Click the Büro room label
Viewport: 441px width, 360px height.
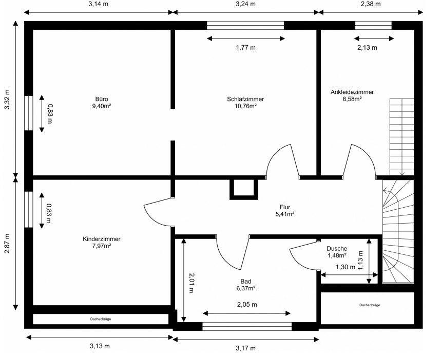(x=102, y=99)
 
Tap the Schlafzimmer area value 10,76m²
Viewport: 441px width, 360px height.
(x=245, y=106)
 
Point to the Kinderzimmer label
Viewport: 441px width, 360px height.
(x=102, y=239)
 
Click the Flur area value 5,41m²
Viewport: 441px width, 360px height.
(x=285, y=214)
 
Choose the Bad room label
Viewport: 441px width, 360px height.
(x=246, y=282)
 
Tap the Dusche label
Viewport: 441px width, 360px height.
(x=337, y=249)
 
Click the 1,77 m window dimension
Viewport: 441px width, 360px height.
(x=246, y=48)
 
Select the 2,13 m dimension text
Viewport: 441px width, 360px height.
(x=367, y=48)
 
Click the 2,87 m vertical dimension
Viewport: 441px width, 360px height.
(x=7, y=244)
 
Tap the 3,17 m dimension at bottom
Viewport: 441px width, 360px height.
(x=246, y=349)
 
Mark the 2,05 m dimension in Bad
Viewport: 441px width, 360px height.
(x=247, y=305)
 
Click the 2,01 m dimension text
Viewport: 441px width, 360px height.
(x=191, y=283)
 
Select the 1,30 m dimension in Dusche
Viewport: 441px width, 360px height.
(x=346, y=267)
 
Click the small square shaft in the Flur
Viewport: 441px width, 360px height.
(x=244, y=189)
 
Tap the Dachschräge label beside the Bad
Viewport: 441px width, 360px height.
(x=370, y=305)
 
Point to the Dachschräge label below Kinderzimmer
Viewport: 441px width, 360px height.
(x=101, y=319)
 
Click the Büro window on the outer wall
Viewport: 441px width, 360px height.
(x=29, y=113)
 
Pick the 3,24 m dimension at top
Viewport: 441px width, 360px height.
(x=246, y=4)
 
